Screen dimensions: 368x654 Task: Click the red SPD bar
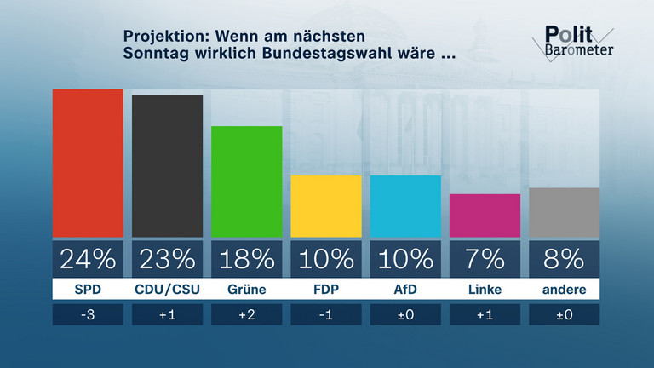(88, 163)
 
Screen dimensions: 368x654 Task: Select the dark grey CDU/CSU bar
(167, 166)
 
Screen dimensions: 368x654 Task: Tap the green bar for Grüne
(246, 181)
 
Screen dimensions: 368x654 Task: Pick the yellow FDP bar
(326, 206)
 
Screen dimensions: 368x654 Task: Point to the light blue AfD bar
(405, 206)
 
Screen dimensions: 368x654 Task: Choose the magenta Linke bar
(485, 216)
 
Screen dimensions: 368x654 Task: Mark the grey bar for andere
(564, 212)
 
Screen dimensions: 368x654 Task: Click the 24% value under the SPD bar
(88, 259)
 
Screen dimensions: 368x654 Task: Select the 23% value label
(167, 259)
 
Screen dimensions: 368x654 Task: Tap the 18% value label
(246, 259)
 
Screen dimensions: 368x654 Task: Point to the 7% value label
(485, 259)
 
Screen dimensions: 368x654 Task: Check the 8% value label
(564, 259)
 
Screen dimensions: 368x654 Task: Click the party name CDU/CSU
(167, 290)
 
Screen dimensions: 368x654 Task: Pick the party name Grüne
(246, 290)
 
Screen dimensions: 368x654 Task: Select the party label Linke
(485, 290)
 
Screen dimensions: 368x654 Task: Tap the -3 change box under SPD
(88, 314)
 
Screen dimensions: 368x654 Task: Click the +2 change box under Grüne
(246, 314)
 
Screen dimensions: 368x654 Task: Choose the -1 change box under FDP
(326, 314)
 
